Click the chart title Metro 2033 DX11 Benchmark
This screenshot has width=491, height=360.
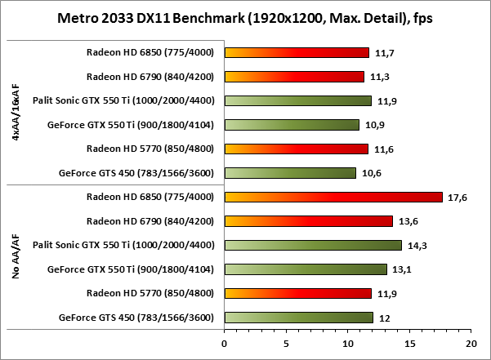point(244,18)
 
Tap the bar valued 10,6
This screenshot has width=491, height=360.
point(289,172)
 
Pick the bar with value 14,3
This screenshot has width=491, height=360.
point(312,245)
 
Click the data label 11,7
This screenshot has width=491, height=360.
point(382,53)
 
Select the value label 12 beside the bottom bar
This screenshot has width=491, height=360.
point(382,318)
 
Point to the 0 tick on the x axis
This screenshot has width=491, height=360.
point(224,344)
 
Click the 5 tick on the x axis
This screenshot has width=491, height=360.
point(286,344)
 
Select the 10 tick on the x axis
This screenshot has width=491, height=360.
point(347,344)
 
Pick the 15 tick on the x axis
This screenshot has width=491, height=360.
point(409,344)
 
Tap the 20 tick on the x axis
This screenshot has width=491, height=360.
point(471,344)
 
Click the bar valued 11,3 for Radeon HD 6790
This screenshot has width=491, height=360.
point(293,77)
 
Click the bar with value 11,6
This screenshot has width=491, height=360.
point(296,149)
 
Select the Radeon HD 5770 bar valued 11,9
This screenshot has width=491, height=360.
point(297,293)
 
